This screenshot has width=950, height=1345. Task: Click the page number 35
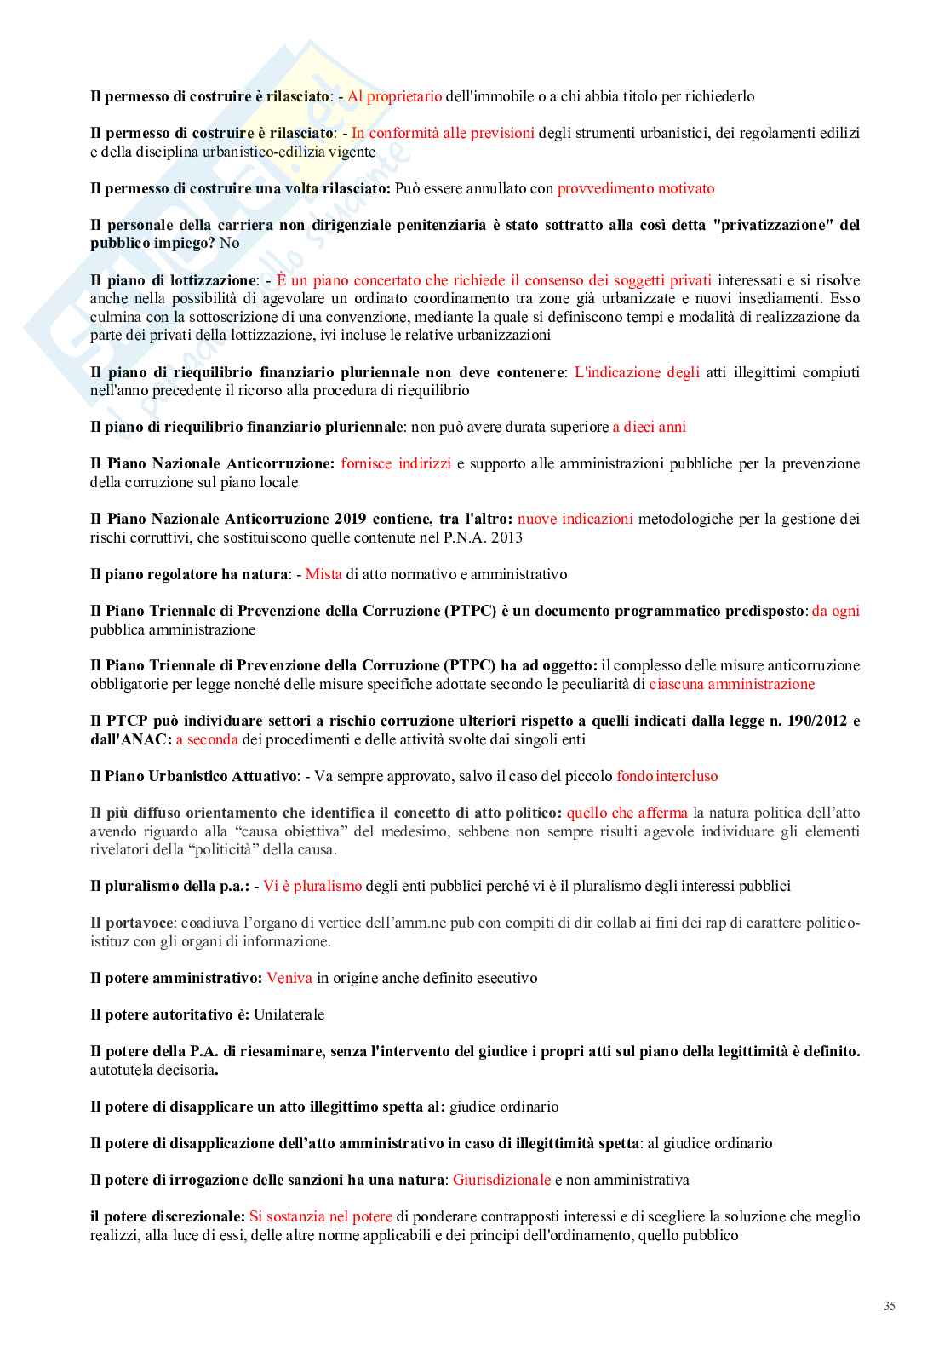[889, 1306]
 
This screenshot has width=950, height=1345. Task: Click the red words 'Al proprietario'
[394, 96]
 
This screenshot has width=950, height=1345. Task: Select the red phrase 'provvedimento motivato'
[636, 188]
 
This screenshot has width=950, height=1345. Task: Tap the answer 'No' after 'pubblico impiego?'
[229, 243]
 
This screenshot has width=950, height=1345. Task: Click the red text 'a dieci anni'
[649, 427]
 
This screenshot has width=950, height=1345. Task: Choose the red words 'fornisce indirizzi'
[396, 463]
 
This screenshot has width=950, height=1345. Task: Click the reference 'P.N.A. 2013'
[483, 537]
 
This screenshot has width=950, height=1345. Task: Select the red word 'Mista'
[323, 574]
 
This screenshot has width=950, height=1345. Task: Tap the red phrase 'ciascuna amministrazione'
[731, 684]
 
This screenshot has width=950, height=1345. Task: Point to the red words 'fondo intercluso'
[667, 776]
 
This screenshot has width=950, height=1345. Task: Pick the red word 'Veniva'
[289, 978]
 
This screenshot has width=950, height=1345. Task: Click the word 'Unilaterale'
[289, 1014]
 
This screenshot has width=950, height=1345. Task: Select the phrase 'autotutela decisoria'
[152, 1070]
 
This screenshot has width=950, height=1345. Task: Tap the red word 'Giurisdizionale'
[501, 1180]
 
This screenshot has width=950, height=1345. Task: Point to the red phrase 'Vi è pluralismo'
[312, 886]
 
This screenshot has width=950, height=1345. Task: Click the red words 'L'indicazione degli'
[637, 372]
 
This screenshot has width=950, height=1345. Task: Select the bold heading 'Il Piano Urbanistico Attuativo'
[193, 776]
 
